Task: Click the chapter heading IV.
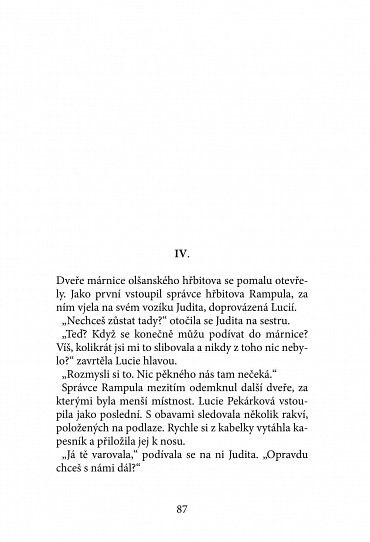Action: pos(184,241)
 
